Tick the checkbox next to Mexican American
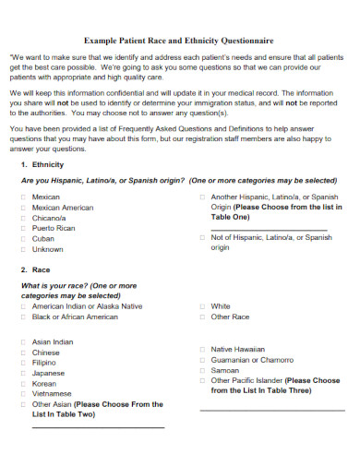[x=22, y=208]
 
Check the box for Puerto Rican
[x=22, y=228]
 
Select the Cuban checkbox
[x=22, y=238]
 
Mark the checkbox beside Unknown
[x=22, y=249]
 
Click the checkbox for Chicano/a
[x=22, y=218]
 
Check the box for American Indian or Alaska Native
[x=22, y=306]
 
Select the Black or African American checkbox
[x=22, y=317]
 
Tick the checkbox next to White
[x=201, y=306]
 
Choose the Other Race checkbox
[x=201, y=317]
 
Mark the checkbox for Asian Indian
[x=22, y=341]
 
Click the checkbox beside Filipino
[x=22, y=363]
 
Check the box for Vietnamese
[x=22, y=393]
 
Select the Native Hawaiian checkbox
[x=201, y=350]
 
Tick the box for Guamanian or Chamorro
[x=201, y=360]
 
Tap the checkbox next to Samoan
[x=201, y=370]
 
